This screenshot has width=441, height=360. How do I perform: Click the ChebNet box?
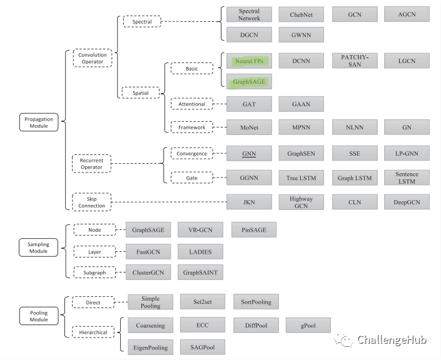pos(302,14)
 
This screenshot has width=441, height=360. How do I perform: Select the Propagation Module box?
pos(39,122)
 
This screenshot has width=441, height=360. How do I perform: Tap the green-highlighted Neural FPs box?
pos(249,61)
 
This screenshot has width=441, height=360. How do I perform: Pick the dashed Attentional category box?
pos(192,104)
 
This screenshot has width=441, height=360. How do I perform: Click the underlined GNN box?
pos(249,153)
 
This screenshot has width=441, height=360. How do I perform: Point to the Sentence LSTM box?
pos(407,177)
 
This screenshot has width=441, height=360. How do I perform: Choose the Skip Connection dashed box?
pos(92,202)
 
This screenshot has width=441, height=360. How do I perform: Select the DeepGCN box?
pos(407,202)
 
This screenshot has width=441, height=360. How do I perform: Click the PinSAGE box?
pos(254,229)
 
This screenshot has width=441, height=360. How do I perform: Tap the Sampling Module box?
pos(39,247)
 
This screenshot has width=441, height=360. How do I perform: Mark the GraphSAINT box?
pos(200,272)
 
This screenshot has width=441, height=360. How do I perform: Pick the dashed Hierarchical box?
pos(93,332)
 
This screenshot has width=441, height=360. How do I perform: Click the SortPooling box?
pos(256,302)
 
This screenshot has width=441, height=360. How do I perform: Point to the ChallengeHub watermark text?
pos(392,340)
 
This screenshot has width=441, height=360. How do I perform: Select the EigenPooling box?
pos(151,347)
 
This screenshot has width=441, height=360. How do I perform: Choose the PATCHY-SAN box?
pos(355,61)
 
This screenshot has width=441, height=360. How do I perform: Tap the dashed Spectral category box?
pos(142,22)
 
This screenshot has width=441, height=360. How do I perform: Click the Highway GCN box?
pos(302,202)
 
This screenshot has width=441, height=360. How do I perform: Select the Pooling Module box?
pos(39,316)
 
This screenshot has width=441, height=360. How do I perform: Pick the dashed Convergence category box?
pos(192,154)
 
